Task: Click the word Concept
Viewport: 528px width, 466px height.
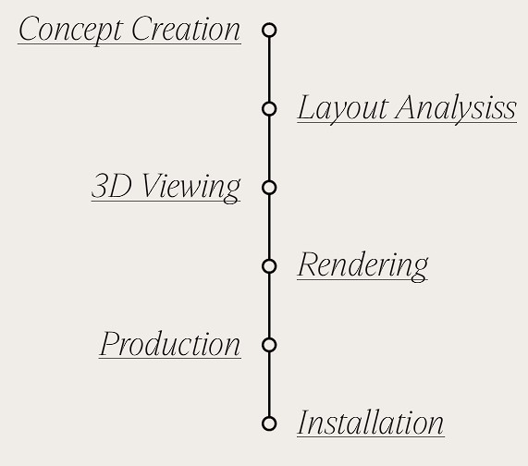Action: (x=70, y=30)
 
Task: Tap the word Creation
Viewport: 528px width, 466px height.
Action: (x=186, y=29)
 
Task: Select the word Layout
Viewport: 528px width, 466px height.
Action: (x=343, y=109)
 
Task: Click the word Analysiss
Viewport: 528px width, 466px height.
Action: (x=456, y=109)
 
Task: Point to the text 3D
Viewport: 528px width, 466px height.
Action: (x=111, y=186)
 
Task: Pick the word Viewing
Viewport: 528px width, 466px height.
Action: (x=191, y=188)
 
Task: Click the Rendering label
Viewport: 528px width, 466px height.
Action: (x=362, y=266)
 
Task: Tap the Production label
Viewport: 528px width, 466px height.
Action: (x=170, y=344)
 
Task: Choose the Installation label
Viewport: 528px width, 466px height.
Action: (x=371, y=423)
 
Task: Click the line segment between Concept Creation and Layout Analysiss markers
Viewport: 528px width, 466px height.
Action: (x=269, y=69)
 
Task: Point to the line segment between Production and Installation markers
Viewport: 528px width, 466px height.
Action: (x=269, y=385)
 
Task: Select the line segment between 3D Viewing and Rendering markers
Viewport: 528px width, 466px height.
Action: (x=269, y=227)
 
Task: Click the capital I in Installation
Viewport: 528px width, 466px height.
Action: (x=303, y=423)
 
